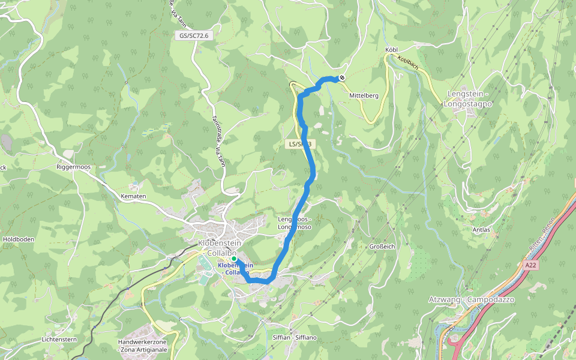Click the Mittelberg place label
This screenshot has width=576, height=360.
pos(364,95)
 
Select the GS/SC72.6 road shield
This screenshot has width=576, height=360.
pos(194,36)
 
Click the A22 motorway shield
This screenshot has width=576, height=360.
pos(529,264)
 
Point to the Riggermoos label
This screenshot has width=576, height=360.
pos(73,167)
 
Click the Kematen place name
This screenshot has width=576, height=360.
pos(133,196)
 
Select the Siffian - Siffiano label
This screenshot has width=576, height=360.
pos(294,337)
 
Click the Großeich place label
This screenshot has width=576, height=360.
pos(382,246)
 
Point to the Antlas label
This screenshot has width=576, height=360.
pos(481,230)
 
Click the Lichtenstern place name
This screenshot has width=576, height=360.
pos(59,339)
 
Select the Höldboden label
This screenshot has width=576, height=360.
pos(19,239)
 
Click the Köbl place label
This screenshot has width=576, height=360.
pos(391,49)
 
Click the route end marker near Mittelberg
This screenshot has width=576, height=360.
pos(341,77)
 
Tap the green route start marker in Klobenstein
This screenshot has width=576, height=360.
pos(234,260)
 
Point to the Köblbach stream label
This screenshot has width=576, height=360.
pos(407,63)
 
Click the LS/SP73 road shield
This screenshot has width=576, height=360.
pos(299,144)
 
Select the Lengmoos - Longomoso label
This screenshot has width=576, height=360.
pos(295,223)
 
